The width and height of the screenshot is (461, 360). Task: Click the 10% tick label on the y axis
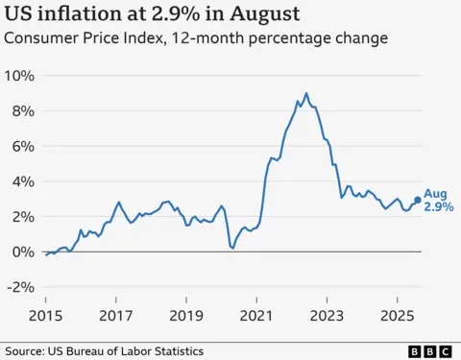pyautogui.click(x=21, y=76)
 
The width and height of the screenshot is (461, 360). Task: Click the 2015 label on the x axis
pyautogui.click(x=46, y=315)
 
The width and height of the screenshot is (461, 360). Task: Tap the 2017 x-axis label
pyautogui.click(x=116, y=315)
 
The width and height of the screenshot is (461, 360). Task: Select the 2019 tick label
pyautogui.click(x=186, y=315)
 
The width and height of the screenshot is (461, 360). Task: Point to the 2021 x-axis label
pyautogui.click(x=256, y=315)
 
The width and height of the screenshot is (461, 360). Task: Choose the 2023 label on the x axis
pyautogui.click(x=327, y=315)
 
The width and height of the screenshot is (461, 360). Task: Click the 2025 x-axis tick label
pyautogui.click(x=397, y=315)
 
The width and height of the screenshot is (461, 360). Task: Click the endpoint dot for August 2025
pyautogui.click(x=417, y=201)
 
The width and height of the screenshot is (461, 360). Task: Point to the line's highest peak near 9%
pyautogui.click(x=306, y=93)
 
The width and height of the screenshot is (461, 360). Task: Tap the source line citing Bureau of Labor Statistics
pyautogui.click(x=106, y=350)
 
